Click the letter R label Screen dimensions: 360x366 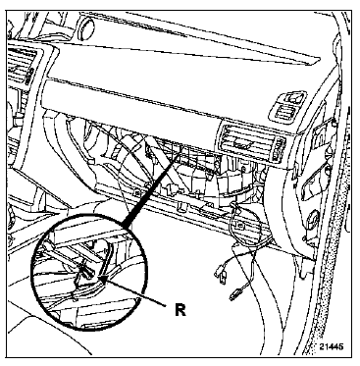(180, 309)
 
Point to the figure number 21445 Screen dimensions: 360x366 (332, 346)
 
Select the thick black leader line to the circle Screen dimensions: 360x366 (151, 190)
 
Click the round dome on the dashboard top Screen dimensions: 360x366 (86, 26)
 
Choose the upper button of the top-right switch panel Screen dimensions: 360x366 (292, 97)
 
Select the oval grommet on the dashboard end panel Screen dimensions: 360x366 (313, 217)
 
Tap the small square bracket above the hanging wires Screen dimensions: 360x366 (240, 225)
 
